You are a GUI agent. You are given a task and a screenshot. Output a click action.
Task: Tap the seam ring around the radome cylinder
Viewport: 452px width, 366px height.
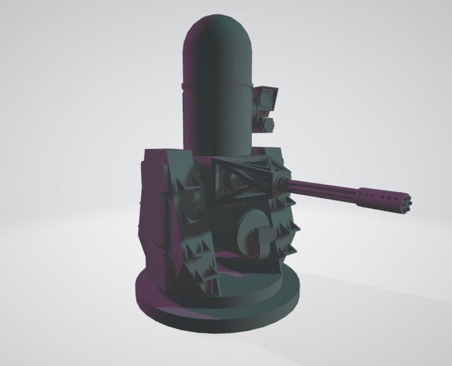217,84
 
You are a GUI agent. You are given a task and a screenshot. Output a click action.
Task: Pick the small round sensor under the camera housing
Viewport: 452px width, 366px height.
268,125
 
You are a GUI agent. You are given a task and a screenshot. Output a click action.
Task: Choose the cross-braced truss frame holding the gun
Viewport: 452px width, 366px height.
246,178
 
